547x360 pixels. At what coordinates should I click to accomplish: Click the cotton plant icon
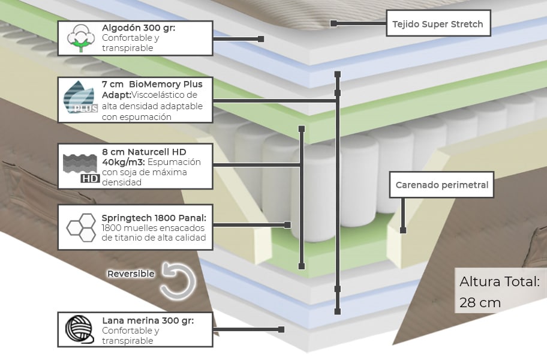coord(80,38)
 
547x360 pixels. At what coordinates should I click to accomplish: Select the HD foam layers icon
coord(80,166)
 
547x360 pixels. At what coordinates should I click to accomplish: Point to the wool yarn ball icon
coord(79,329)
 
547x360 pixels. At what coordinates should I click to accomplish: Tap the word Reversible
coord(131,274)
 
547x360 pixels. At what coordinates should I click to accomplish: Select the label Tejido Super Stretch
coord(438,25)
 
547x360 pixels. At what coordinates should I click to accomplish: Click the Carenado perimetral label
coord(442,185)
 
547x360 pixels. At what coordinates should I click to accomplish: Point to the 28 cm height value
coord(480,302)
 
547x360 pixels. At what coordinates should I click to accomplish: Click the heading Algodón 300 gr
coord(139,28)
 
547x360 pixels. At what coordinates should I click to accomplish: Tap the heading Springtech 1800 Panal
coord(154,217)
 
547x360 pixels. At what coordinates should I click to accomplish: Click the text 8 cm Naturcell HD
coord(144,152)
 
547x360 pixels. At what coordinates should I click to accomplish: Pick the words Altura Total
coord(499,281)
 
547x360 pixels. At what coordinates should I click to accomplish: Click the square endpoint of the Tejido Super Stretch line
coord(333,23)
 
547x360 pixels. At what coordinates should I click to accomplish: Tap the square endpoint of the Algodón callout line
coord(261,38)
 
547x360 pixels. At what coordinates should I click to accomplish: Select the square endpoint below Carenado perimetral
coord(403,230)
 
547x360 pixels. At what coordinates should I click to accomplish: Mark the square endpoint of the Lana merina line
coord(281,329)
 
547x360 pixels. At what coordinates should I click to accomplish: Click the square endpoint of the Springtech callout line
coord(287,225)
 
